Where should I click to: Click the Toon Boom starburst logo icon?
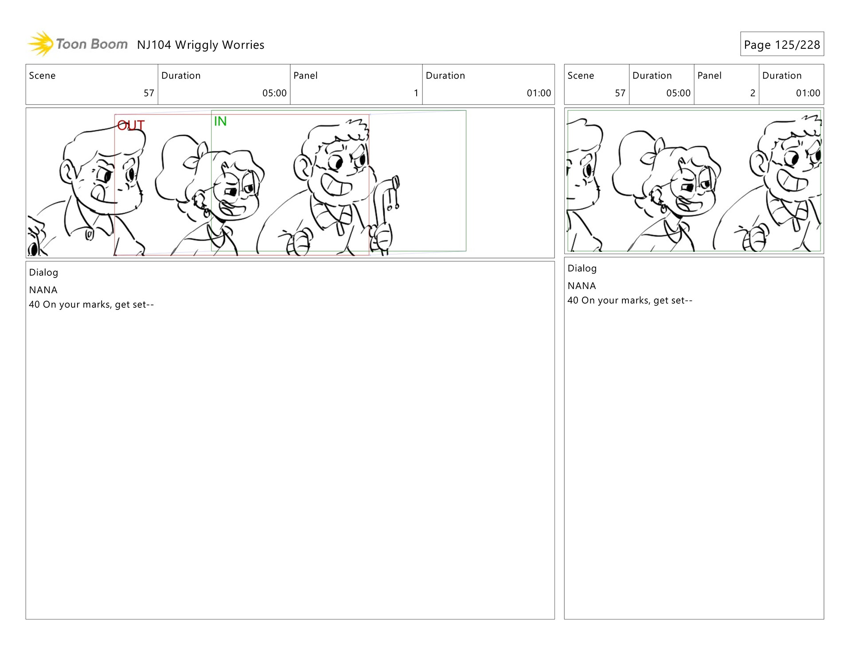tap(41, 44)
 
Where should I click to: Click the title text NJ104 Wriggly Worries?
tap(200, 45)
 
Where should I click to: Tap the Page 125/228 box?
tap(782, 44)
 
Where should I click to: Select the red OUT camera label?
tap(131, 125)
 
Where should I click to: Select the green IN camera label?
tap(220, 121)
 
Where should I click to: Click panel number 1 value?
tap(416, 93)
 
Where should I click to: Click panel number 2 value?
tap(753, 93)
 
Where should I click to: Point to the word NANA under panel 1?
tap(43, 290)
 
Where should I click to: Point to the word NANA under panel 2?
tap(582, 286)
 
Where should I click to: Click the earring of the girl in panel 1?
tap(206, 212)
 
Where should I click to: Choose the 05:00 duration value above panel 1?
tap(274, 93)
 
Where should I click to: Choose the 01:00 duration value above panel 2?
tap(808, 93)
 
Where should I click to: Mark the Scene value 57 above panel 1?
tap(149, 93)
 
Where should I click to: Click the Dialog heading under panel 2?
tap(582, 268)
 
